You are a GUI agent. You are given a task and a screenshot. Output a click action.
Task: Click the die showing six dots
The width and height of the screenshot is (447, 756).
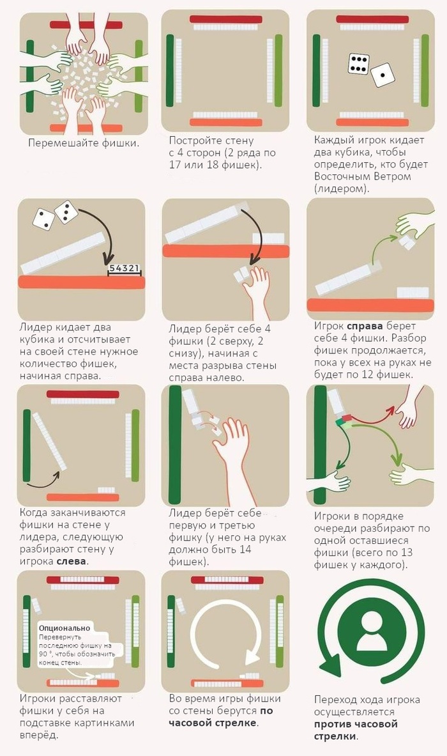[358, 64]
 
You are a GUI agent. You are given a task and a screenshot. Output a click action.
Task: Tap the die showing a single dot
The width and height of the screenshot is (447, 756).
[383, 75]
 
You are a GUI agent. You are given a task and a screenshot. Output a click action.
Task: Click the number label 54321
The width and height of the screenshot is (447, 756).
[125, 268]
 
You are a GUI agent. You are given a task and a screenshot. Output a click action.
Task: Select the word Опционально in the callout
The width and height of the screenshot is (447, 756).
[64, 628]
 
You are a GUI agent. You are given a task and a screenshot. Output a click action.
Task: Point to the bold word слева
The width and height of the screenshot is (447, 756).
[72, 561]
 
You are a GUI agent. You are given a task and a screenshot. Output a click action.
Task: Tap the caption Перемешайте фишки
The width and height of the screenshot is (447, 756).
[83, 143]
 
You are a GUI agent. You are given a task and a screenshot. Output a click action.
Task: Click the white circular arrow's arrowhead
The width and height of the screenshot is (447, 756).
[252, 657]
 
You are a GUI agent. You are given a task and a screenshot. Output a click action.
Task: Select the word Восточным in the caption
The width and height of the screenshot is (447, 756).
[338, 176]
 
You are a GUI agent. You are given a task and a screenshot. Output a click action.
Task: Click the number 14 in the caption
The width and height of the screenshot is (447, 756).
[245, 550]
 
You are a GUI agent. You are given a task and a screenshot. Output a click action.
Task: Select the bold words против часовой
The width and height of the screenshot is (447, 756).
[356, 723]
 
